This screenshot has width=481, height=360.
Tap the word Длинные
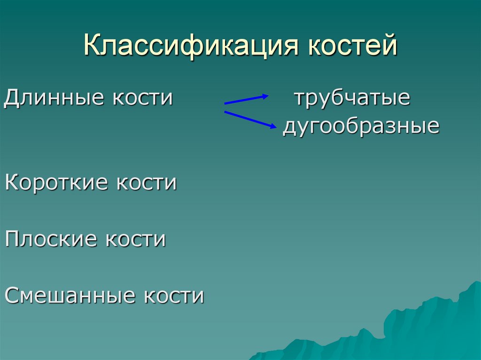(54, 99)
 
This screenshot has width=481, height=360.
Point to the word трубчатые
(352, 99)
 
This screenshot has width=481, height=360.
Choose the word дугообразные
(361, 127)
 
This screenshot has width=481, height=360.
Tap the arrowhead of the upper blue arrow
(264, 97)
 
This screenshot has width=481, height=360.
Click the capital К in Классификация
(92, 47)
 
